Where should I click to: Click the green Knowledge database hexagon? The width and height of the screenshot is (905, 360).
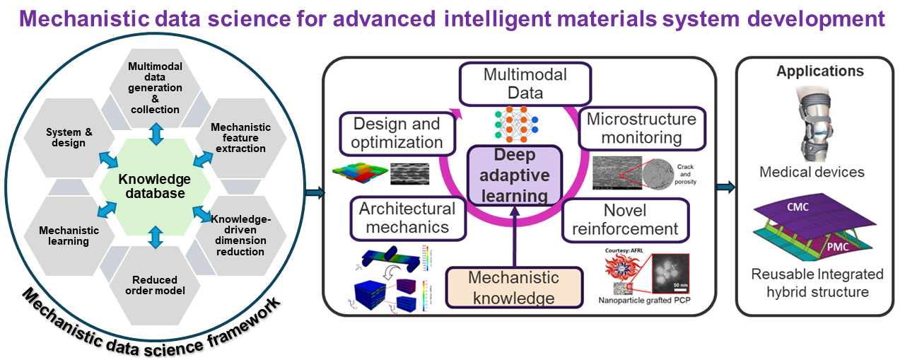click(155, 186)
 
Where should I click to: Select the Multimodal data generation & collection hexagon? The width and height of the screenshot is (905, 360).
click(155, 88)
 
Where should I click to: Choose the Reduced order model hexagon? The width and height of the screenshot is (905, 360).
click(155, 285)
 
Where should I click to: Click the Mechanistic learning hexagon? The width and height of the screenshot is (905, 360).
click(69, 236)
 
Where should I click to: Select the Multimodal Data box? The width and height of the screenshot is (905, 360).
click(525, 83)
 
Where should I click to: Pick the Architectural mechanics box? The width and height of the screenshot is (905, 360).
click(408, 218)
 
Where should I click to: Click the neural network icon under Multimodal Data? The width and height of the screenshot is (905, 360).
click(516, 120)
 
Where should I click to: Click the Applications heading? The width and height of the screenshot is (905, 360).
click(819, 71)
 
